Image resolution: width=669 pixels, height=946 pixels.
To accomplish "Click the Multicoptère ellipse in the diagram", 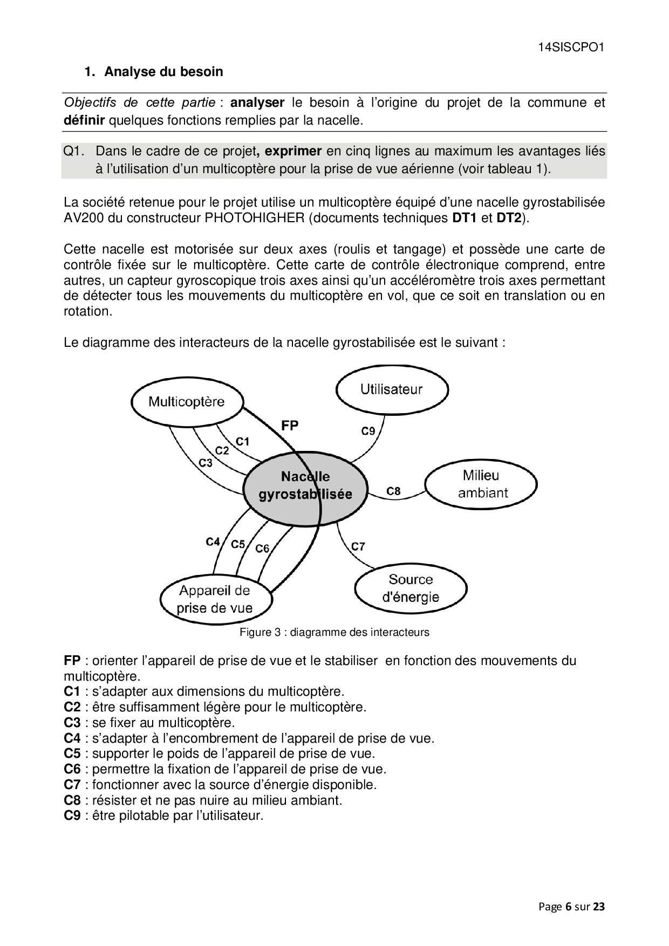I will [187, 402].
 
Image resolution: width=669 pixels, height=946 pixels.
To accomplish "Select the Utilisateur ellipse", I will [392, 389].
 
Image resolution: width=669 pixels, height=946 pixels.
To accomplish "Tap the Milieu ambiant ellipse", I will [481, 484].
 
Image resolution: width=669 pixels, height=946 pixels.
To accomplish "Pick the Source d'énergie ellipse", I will [411, 588].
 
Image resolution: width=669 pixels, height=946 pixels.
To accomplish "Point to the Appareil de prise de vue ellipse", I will [215, 599].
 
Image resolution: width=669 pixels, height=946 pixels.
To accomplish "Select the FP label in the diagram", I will [290, 426].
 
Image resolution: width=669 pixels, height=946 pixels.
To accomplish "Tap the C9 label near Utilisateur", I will [368, 431].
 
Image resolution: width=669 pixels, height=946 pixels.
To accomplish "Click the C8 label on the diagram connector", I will [393, 491].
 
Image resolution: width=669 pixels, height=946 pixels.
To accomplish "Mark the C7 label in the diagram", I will [358, 546].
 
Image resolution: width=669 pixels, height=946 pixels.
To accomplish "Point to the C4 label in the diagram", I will [213, 541].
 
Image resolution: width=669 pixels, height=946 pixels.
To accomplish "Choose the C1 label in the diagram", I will [242, 442].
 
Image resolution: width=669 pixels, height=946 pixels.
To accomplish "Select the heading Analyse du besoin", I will [163, 72].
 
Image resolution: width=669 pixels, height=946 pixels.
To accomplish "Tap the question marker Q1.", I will [74, 152].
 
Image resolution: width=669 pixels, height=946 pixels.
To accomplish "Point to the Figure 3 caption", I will [334, 632].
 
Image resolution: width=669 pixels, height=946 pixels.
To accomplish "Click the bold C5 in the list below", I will [72, 753].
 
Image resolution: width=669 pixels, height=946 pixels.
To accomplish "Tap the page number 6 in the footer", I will [568, 907].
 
